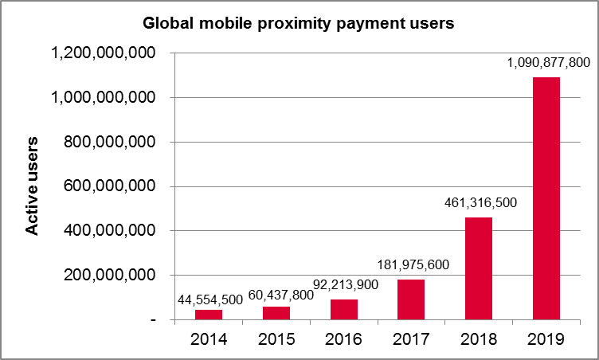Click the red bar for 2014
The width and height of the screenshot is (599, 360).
click(209, 315)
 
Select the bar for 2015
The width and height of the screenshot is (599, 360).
click(276, 313)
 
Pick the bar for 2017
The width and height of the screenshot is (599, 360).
click(411, 299)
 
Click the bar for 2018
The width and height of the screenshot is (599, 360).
click(479, 268)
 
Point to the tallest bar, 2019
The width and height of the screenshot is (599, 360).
click(546, 198)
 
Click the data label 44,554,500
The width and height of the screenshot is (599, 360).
click(209, 299)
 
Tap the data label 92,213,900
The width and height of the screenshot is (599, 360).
click(343, 285)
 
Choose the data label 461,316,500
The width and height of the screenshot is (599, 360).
click(479, 202)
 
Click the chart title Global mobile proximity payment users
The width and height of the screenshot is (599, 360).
click(298, 23)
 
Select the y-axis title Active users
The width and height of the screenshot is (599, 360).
click(32, 186)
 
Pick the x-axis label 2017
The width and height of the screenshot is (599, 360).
click(411, 339)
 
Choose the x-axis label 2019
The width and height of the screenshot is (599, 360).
click(546, 339)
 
